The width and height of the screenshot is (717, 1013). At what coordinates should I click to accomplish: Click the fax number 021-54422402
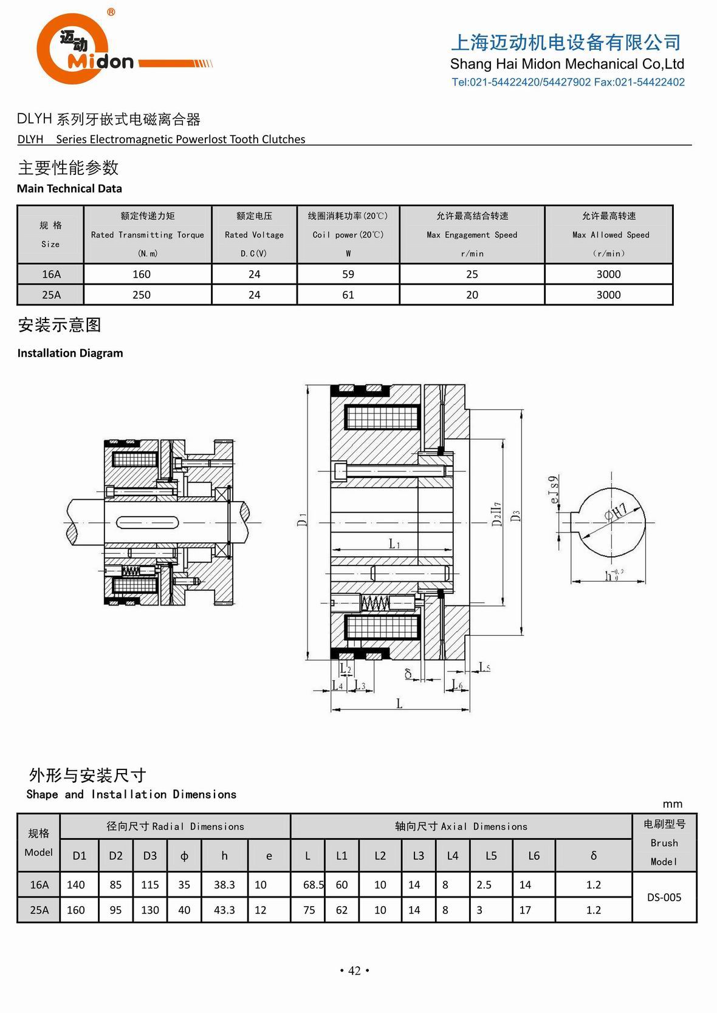tap(650, 83)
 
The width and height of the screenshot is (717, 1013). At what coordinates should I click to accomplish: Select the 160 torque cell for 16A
tap(142, 275)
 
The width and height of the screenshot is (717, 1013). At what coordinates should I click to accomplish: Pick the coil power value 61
tap(348, 295)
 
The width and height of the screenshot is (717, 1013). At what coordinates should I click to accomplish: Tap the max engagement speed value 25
tap(472, 275)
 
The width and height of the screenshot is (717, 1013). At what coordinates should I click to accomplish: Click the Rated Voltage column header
tap(254, 234)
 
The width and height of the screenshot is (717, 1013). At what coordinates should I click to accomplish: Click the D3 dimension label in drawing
tap(515, 516)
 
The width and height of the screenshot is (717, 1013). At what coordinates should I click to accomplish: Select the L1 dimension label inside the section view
tap(394, 544)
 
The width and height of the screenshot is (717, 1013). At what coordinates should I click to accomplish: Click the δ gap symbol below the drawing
tap(408, 674)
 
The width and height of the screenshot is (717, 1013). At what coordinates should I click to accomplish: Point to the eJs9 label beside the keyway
tap(554, 489)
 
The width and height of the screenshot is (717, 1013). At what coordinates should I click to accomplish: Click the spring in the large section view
tap(375, 602)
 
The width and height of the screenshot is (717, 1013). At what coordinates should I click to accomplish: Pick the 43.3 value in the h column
tap(224, 910)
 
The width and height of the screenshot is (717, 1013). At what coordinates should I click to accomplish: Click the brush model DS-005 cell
tap(664, 898)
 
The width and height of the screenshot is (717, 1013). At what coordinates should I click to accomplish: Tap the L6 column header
tap(533, 856)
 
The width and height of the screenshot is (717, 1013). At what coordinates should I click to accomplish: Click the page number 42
tap(354, 971)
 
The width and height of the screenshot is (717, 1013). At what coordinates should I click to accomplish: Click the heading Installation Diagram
tap(70, 353)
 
